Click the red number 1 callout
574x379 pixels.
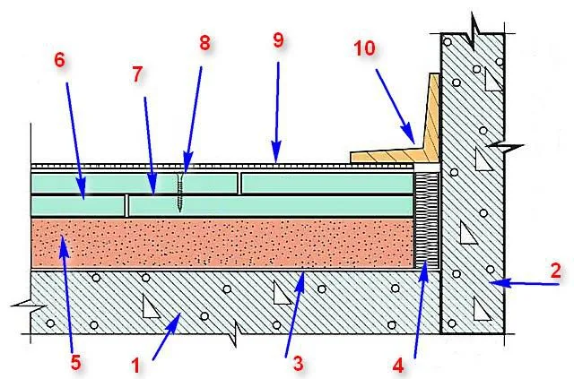point(135,366)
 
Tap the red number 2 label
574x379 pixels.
point(555,271)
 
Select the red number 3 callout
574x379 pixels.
point(298,364)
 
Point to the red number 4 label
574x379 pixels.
point(398,366)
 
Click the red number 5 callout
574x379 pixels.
point(75,363)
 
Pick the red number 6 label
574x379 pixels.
point(60,60)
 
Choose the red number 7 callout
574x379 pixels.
point(137,74)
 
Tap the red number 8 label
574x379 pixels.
point(205,43)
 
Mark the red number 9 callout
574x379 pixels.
point(278,40)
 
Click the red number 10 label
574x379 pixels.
point(365,47)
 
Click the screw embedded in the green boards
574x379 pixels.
point(179,193)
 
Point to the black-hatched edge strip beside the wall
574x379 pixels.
point(427,220)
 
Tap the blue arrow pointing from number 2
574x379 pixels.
point(525,283)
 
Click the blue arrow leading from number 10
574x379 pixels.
point(396,107)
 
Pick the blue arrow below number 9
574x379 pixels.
point(277,112)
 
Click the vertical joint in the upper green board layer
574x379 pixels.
point(239,184)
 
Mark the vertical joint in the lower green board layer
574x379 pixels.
point(126,205)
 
